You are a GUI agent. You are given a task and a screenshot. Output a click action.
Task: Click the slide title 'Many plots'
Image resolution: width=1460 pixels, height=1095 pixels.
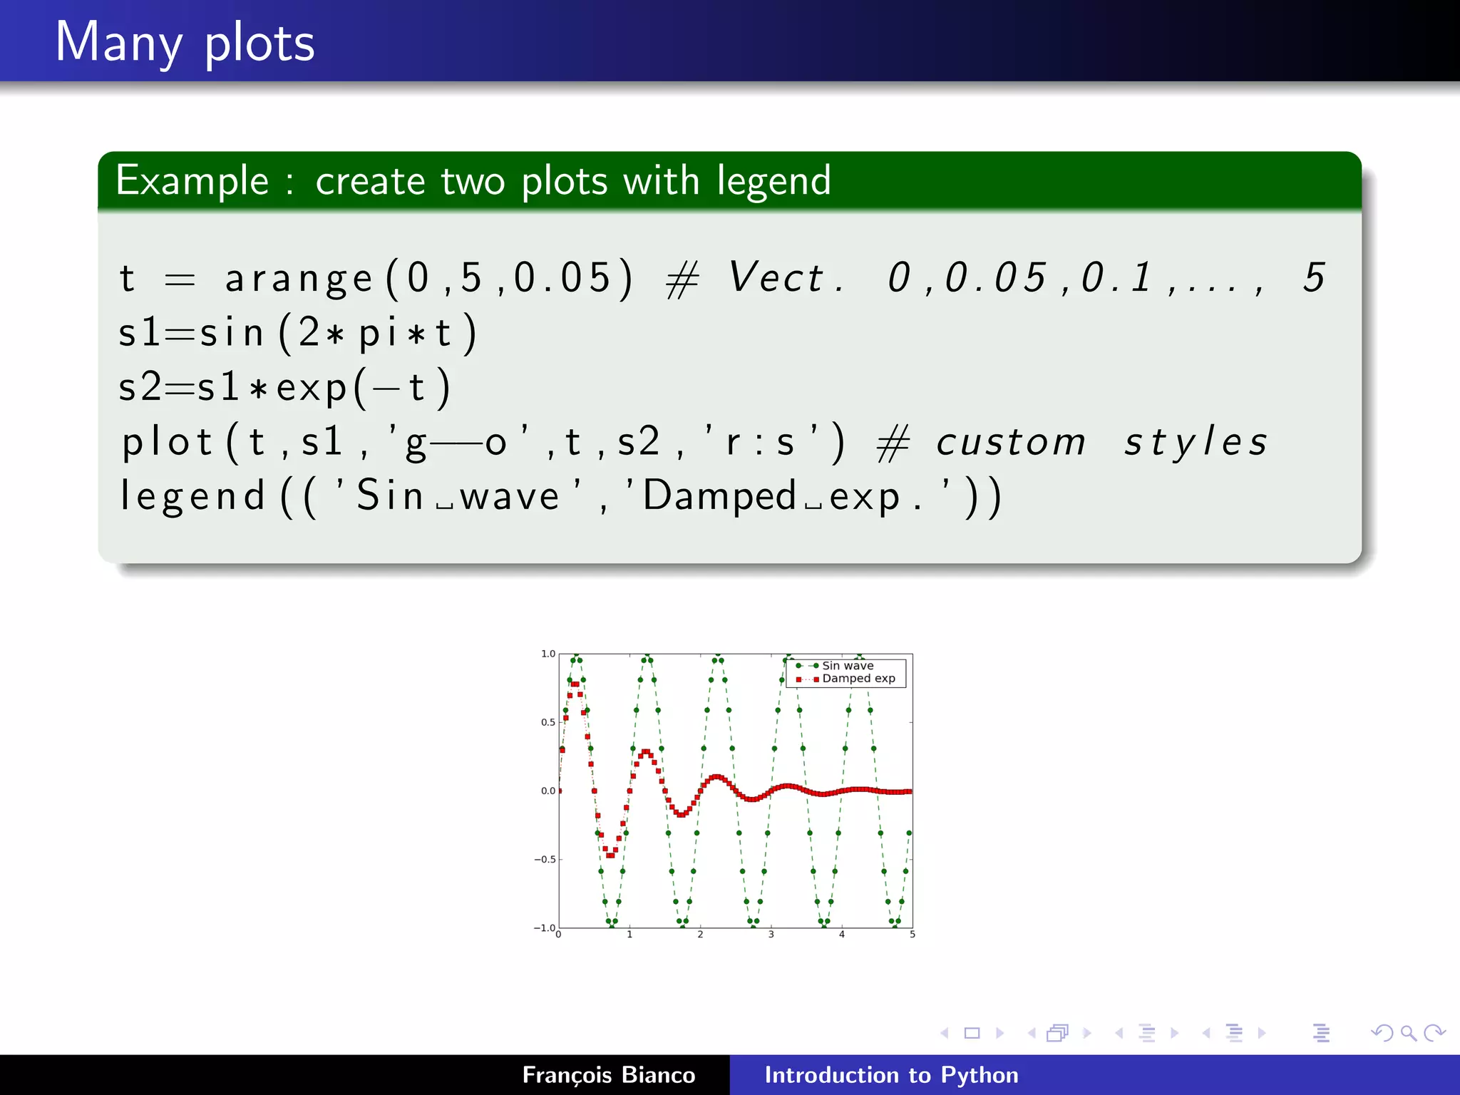(185, 43)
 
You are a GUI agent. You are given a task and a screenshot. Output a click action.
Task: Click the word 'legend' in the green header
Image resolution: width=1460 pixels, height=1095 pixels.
(773, 181)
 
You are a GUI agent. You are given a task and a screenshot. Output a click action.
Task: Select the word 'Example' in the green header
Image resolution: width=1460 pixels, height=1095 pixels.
(192, 181)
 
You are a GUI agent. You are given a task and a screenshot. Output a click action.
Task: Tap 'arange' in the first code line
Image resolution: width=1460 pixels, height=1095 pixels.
(299, 279)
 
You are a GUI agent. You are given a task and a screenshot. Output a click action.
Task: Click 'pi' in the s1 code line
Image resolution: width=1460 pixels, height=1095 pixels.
(377, 334)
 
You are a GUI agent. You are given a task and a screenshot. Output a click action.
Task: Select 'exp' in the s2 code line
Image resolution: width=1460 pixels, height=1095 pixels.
(311, 389)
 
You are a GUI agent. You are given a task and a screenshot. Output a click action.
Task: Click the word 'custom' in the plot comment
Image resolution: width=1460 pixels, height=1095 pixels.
(1010, 442)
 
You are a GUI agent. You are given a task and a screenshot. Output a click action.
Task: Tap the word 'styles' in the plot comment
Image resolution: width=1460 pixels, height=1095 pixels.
(1196, 442)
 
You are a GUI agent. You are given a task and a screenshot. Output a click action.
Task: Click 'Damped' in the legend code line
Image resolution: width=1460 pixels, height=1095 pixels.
(719, 496)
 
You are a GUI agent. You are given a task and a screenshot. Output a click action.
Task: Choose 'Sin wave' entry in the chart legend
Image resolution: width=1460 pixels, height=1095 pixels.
(847, 666)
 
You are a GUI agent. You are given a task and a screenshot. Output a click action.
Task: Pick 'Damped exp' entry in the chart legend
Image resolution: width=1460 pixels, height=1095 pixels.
(858, 679)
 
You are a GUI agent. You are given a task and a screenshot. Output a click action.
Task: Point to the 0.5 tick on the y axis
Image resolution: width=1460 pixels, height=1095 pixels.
(547, 722)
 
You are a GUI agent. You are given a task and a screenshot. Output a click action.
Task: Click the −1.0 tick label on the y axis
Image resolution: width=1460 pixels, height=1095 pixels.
(545, 927)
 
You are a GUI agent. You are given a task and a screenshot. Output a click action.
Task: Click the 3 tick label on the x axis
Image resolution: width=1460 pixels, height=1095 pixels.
(771, 935)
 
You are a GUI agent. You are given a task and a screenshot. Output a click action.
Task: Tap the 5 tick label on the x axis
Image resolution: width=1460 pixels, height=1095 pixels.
(912, 935)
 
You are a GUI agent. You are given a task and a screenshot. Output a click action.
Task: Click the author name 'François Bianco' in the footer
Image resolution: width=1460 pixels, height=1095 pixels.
(608, 1075)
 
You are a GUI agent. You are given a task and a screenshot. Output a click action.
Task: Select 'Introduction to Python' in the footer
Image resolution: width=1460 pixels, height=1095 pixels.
(891, 1075)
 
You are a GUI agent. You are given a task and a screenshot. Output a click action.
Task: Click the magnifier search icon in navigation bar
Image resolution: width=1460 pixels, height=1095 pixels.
(1408, 1033)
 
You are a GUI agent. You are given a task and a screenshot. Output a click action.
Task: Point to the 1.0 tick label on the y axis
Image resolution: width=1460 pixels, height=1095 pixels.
(547, 654)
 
